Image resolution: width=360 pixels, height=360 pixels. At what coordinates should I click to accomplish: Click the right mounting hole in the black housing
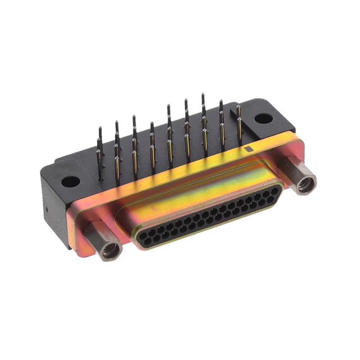[x=261, y=119]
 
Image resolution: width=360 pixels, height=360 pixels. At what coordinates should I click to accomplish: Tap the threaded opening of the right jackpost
[x=308, y=183]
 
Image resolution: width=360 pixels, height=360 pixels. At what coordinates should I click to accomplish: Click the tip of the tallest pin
[x=203, y=96]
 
